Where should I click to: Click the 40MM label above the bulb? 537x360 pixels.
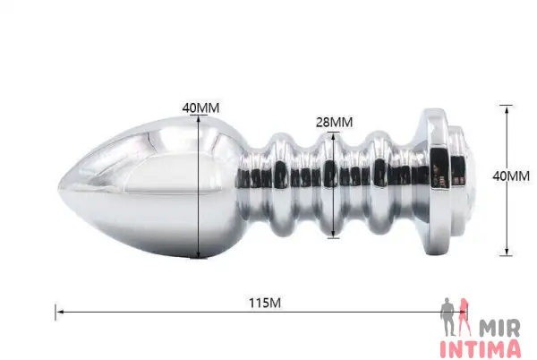200,107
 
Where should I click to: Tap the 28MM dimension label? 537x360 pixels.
334,122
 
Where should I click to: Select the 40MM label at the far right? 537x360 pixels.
511,176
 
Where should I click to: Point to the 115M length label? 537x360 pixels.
265,303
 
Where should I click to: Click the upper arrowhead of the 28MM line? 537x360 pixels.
333,136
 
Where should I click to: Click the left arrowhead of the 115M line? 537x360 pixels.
60,312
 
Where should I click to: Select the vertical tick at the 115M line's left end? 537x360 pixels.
55,312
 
